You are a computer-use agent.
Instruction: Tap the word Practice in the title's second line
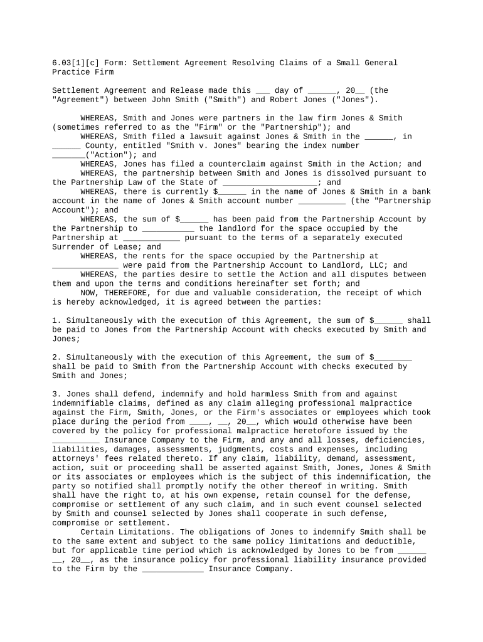pos(71,73)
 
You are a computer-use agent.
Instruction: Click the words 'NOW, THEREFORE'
pos(113,293)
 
